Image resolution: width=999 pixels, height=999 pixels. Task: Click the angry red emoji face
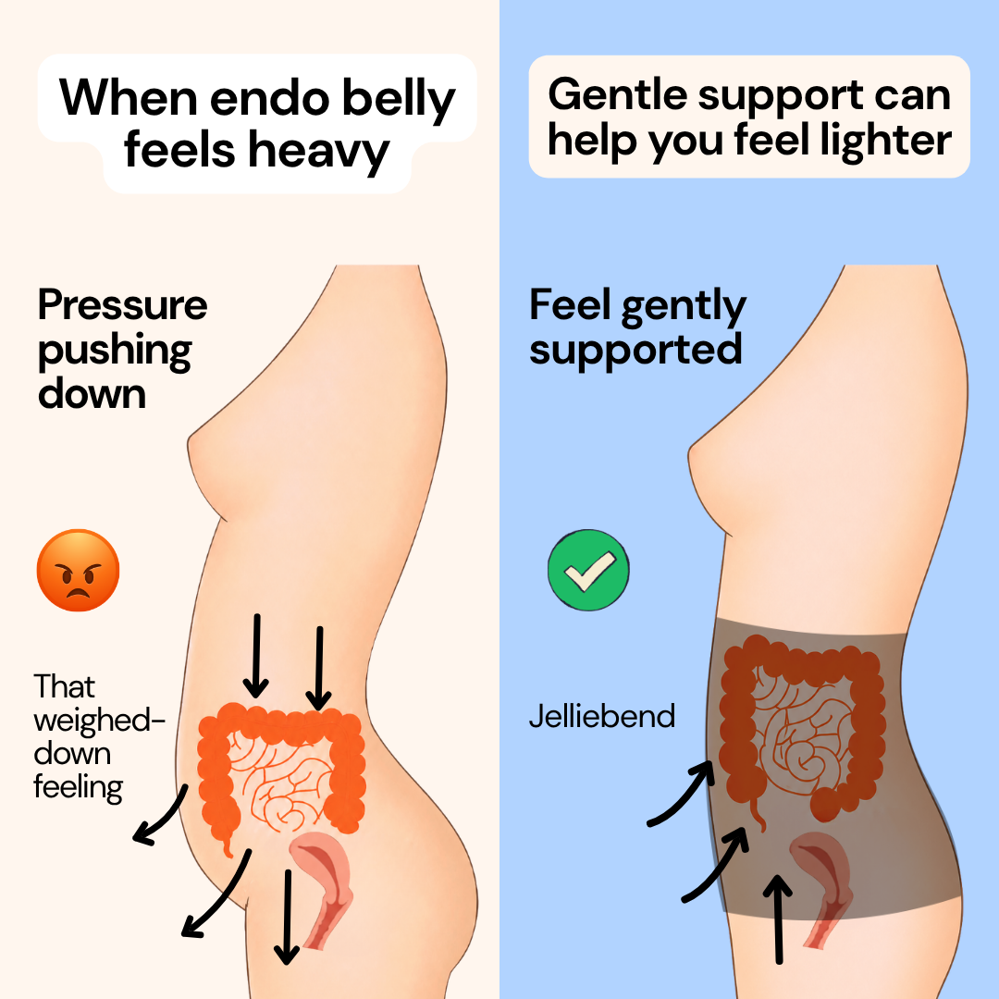79,570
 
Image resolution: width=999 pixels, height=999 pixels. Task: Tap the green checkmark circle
588,570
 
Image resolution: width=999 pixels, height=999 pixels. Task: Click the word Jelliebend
602,716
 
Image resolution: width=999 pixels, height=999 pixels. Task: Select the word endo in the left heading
269,99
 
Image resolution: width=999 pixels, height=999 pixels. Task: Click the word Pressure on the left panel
123,305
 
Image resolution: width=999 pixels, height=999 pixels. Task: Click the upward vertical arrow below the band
778,919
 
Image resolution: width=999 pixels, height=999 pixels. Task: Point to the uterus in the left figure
323,882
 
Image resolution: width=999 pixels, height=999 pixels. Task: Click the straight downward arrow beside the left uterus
288,917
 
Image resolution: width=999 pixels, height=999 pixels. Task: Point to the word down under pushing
92,394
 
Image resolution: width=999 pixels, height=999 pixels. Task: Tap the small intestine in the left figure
280,781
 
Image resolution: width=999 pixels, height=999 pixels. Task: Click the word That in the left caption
65,686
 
